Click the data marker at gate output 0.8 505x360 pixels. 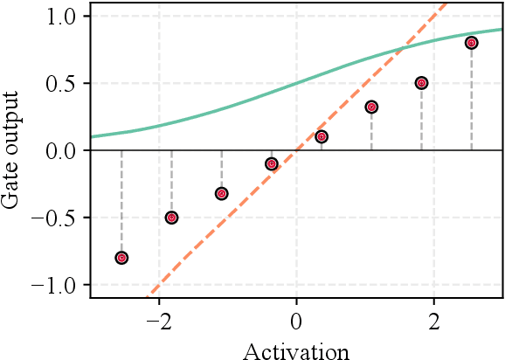tap(471, 43)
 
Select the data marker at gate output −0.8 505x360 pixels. tap(121, 258)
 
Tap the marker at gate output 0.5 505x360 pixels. tap(421, 83)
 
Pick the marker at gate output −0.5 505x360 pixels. tap(171, 218)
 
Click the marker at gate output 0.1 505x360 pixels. tap(322, 136)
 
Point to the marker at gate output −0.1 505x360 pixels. tap(272, 163)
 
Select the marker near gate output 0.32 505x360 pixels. tap(371, 107)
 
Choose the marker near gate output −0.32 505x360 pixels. tap(221, 193)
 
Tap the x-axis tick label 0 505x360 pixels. tap(296, 322)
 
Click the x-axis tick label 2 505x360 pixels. tap(434, 322)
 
